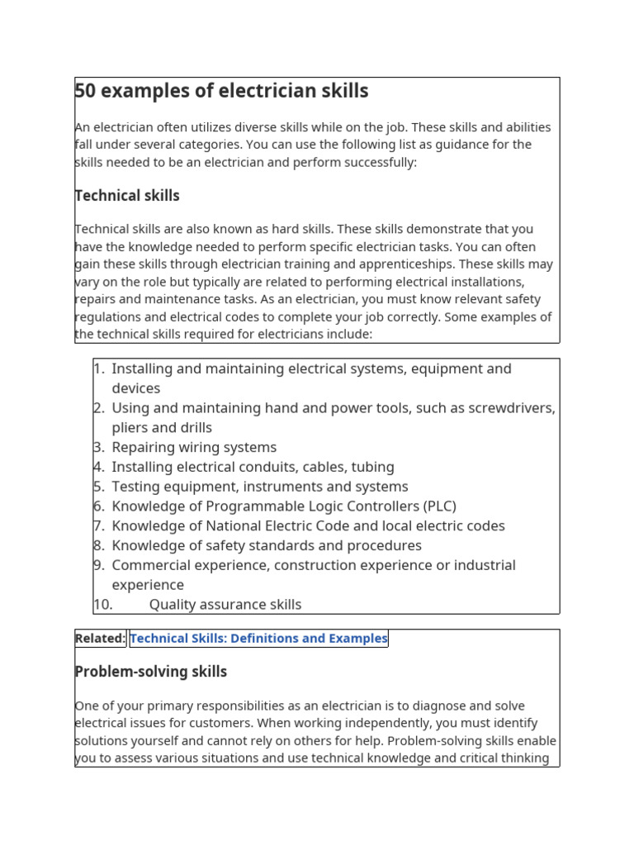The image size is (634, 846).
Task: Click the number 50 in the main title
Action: tap(85, 91)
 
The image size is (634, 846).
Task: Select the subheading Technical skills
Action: tap(127, 196)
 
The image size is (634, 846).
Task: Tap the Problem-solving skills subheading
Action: tap(151, 672)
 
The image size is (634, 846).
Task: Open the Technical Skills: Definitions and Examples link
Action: tap(258, 639)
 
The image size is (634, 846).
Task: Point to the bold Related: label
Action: tap(100, 639)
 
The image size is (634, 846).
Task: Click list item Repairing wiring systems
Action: tap(194, 447)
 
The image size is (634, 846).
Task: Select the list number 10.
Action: tap(102, 605)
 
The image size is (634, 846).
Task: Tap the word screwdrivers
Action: tap(509, 408)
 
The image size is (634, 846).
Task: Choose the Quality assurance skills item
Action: tap(225, 605)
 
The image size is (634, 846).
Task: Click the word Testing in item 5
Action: tap(137, 487)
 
